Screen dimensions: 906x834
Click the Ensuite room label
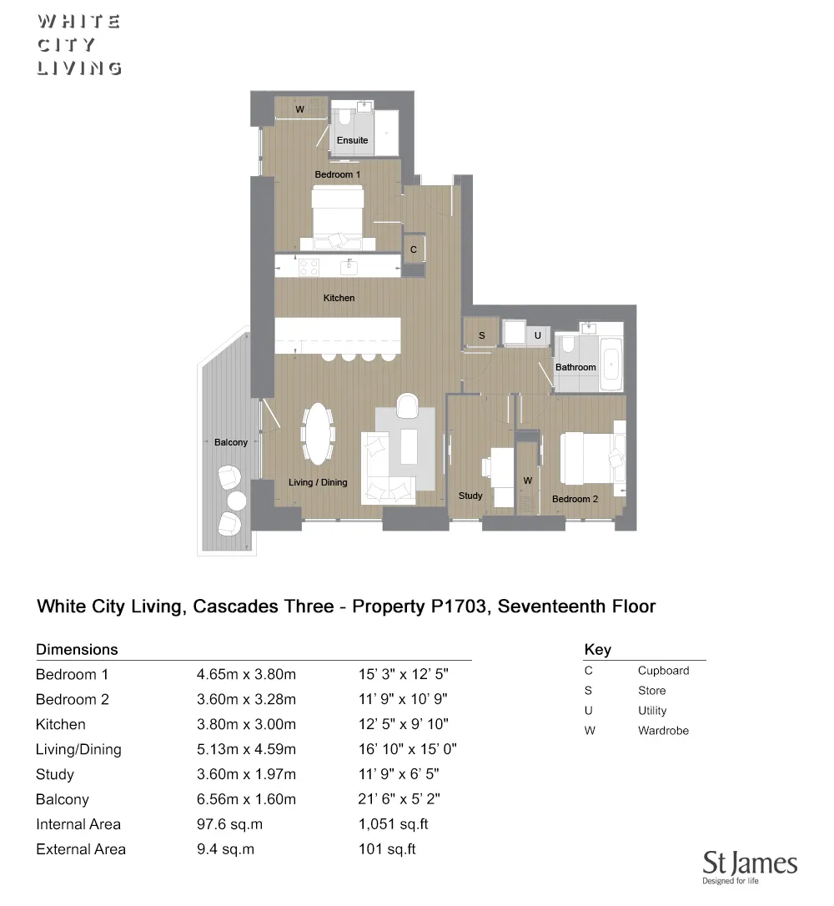click(x=352, y=140)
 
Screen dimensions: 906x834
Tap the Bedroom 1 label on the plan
click(x=337, y=174)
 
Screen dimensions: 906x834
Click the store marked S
click(x=481, y=335)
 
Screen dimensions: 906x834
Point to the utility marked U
click(x=537, y=335)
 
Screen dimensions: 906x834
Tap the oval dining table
click(x=318, y=433)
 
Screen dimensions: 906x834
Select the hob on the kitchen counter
click(x=308, y=267)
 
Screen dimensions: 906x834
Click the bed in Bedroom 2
click(x=589, y=456)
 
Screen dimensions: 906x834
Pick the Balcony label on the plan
click(x=230, y=442)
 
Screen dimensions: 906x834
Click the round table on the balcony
click(x=237, y=501)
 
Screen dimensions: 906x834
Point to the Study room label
click(x=470, y=496)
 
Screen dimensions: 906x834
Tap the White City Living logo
click(x=79, y=45)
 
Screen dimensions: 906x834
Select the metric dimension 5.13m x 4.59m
click(x=246, y=749)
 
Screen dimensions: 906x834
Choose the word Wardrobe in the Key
click(x=663, y=731)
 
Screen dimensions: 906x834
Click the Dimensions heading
click(x=77, y=649)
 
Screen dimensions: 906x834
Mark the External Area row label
click(x=81, y=849)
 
